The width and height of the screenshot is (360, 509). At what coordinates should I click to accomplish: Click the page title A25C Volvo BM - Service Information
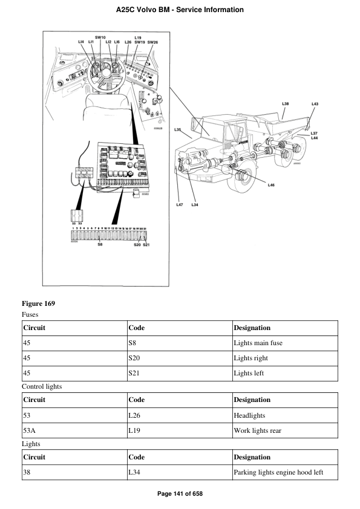180,10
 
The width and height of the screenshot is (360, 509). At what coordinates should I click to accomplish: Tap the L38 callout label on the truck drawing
285,104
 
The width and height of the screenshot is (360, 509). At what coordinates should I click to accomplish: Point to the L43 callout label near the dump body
315,104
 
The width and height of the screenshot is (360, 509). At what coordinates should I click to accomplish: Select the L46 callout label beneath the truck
271,185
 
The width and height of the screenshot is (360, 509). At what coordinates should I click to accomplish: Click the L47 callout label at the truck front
180,205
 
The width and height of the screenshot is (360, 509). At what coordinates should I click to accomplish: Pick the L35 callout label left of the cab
178,129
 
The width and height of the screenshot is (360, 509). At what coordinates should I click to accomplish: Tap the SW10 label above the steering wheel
100,37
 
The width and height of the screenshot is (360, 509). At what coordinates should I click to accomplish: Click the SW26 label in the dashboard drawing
152,42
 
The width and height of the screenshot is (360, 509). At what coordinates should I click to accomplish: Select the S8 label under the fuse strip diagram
99,245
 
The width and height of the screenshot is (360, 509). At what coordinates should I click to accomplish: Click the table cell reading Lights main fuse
258,343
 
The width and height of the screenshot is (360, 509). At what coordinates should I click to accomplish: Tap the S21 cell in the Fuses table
136,374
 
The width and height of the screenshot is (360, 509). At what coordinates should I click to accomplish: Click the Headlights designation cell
249,416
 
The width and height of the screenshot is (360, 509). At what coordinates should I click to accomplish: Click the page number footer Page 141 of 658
180,494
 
